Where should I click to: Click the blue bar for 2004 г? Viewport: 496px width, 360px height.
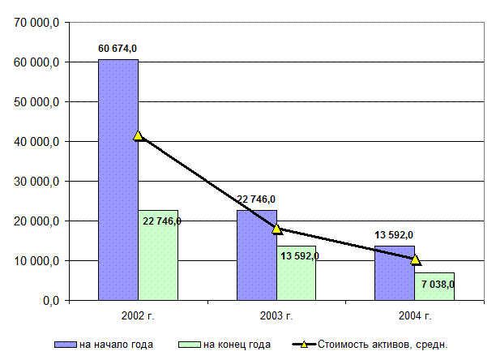point(395,280)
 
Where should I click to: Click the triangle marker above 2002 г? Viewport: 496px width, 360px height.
point(139,135)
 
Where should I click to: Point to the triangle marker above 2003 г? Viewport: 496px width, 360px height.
point(276,229)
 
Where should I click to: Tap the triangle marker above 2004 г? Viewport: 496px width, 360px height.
point(415,259)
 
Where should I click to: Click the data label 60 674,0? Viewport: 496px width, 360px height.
point(118,49)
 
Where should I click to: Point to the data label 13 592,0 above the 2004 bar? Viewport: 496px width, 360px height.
point(394,235)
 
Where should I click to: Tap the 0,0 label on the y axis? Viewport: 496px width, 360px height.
point(49,301)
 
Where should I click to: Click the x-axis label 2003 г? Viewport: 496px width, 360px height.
point(276,315)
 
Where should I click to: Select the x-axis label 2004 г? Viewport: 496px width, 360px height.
point(415,315)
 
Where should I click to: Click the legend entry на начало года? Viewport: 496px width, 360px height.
point(117,345)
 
